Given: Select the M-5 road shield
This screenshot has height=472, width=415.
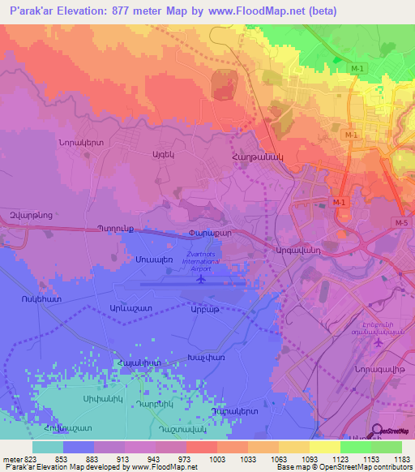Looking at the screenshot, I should pos(400,222).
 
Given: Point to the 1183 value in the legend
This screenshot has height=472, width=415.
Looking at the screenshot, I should pos(400,459).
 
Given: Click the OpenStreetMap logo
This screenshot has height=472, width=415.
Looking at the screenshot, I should pos(391,430).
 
